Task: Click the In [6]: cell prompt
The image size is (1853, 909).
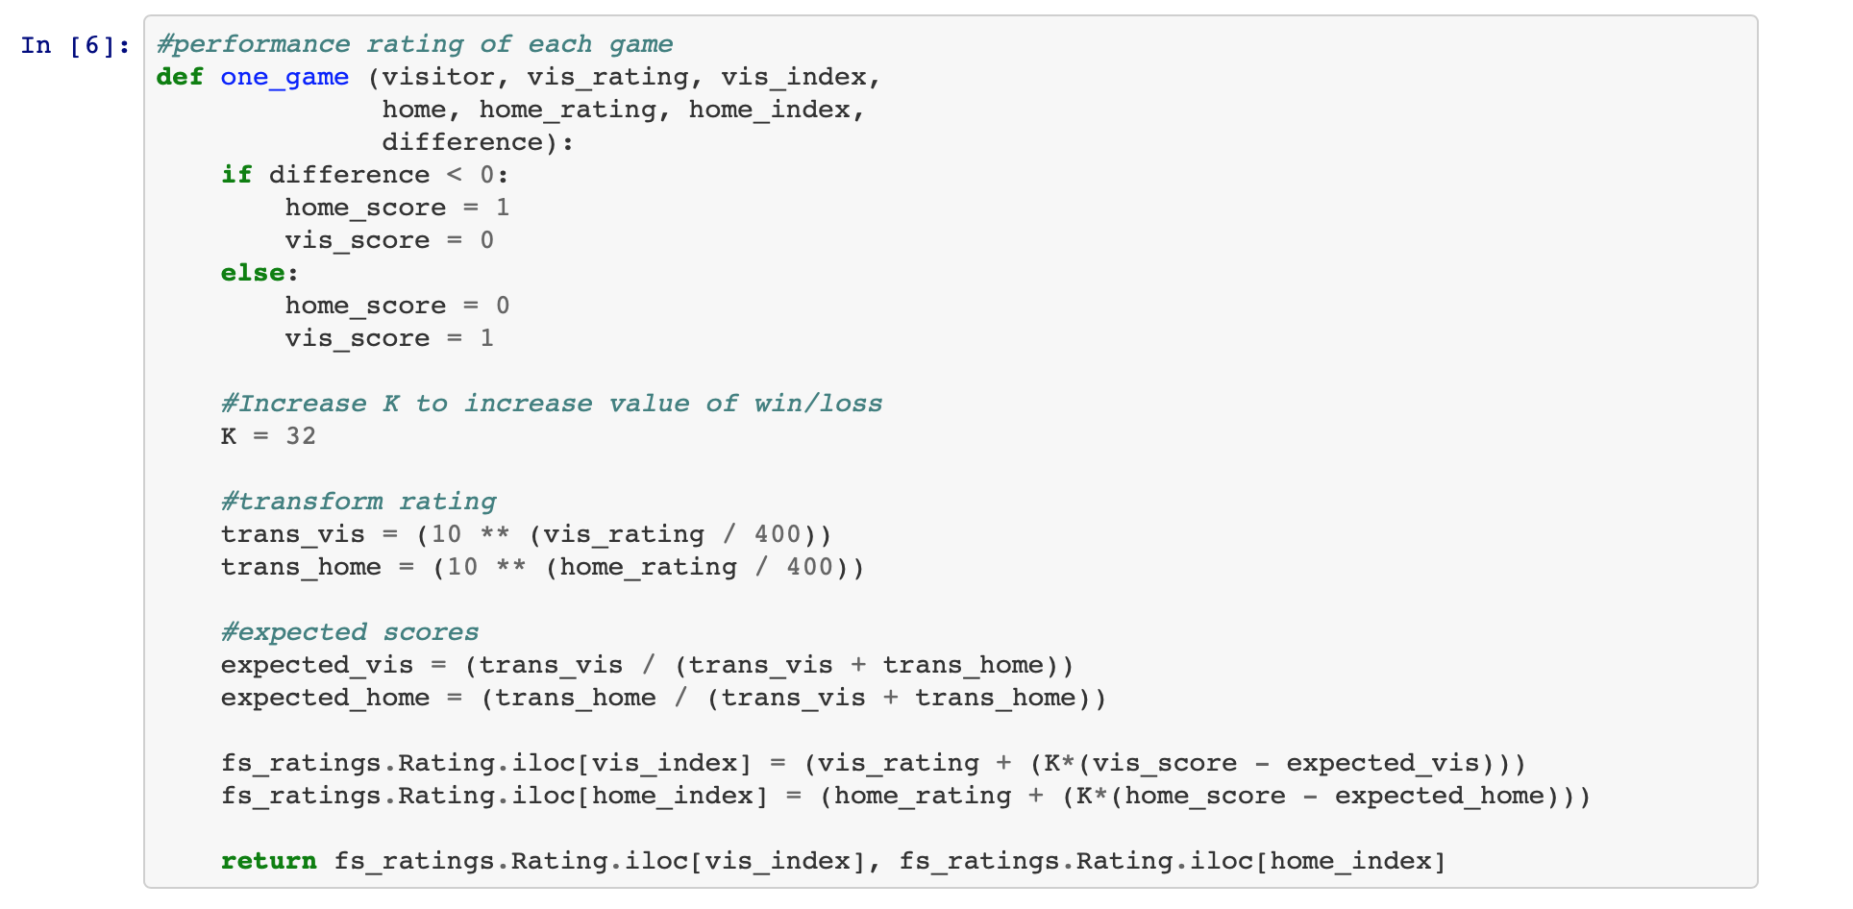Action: pyautogui.click(x=75, y=45)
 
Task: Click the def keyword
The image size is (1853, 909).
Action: pyautogui.click(x=180, y=77)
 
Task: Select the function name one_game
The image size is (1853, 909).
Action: pyautogui.click(x=284, y=77)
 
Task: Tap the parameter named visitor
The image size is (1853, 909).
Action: pyautogui.click(x=438, y=77)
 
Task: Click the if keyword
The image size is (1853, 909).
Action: pyautogui.click(x=236, y=175)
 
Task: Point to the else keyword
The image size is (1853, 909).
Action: pyautogui.click(x=253, y=273)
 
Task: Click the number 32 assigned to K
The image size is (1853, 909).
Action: pyautogui.click(x=301, y=436)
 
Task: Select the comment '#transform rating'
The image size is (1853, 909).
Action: pyautogui.click(x=358, y=502)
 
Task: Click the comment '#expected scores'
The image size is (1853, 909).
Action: pyautogui.click(x=350, y=632)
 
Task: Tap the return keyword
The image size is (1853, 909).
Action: pyautogui.click(x=268, y=861)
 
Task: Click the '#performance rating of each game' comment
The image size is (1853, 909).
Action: pyautogui.click(x=414, y=44)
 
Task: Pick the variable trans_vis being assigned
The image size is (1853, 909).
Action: pyautogui.click(x=292, y=534)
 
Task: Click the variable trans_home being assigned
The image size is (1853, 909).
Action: pyautogui.click(x=301, y=567)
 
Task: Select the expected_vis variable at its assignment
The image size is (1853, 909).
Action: pyautogui.click(x=317, y=665)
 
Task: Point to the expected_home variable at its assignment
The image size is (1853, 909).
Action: pyautogui.click(x=325, y=698)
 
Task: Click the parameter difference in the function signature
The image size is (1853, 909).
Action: pyautogui.click(x=463, y=142)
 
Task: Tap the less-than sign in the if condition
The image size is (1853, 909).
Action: pyautogui.click(x=455, y=175)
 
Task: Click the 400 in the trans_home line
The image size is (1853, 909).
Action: pyautogui.click(x=809, y=567)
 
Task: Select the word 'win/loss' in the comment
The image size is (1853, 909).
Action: pyautogui.click(x=818, y=404)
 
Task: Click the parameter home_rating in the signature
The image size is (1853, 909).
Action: pyautogui.click(x=567, y=110)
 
